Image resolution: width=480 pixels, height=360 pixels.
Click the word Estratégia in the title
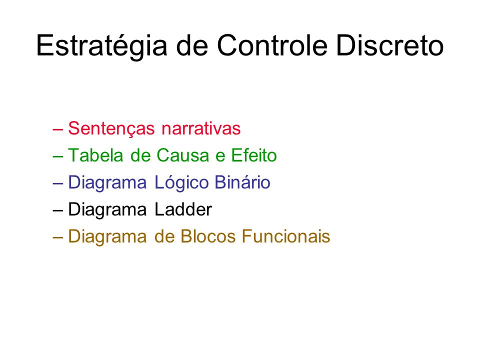click(101, 46)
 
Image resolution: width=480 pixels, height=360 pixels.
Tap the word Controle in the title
click(272, 45)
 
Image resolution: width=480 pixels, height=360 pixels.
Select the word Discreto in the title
click(390, 45)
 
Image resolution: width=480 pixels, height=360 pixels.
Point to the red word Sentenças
click(111, 129)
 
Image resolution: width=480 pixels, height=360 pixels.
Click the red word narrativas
click(201, 128)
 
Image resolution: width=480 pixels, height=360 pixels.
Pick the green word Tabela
click(95, 155)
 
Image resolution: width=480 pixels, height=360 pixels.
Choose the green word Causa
click(183, 155)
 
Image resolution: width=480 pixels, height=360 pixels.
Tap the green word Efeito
click(254, 155)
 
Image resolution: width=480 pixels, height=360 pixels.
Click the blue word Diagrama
click(107, 183)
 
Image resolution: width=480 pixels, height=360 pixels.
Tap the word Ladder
click(183, 209)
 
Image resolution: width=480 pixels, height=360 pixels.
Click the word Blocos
click(208, 236)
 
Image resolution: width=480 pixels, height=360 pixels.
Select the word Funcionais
click(286, 236)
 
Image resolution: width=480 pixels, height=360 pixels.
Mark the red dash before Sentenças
click(58, 129)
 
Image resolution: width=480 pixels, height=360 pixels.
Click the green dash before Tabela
click(58, 156)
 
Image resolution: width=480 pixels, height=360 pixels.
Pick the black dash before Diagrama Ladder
click(58, 210)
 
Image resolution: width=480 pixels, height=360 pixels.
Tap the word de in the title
click(192, 45)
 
